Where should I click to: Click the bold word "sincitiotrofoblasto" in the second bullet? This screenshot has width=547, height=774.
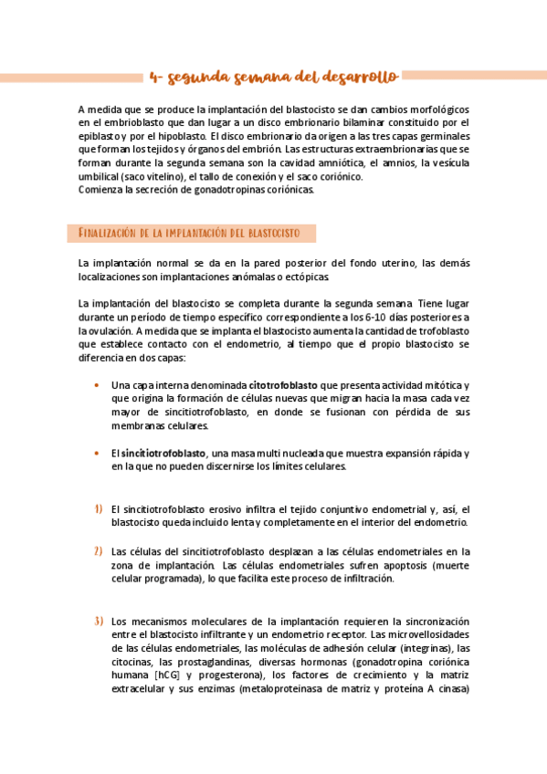163,454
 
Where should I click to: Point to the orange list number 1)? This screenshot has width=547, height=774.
98,508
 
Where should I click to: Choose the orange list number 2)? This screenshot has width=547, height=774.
98,551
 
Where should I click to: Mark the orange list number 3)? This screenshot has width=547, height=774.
98,621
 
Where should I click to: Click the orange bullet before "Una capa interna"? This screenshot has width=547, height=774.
97,385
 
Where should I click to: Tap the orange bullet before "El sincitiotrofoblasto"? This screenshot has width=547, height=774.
97,454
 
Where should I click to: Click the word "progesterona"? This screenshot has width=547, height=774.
229,675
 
